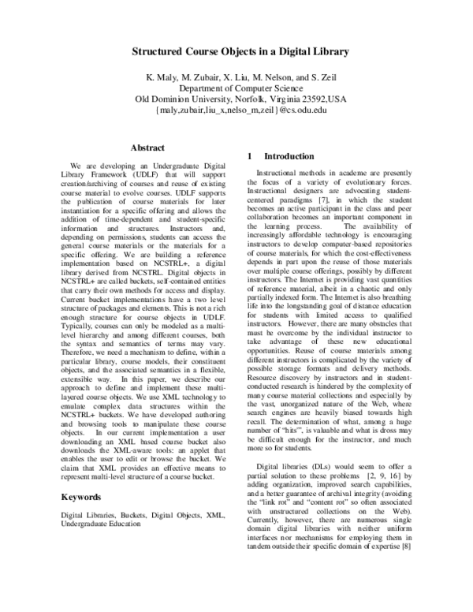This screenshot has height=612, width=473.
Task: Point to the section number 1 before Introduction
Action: [250, 156]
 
